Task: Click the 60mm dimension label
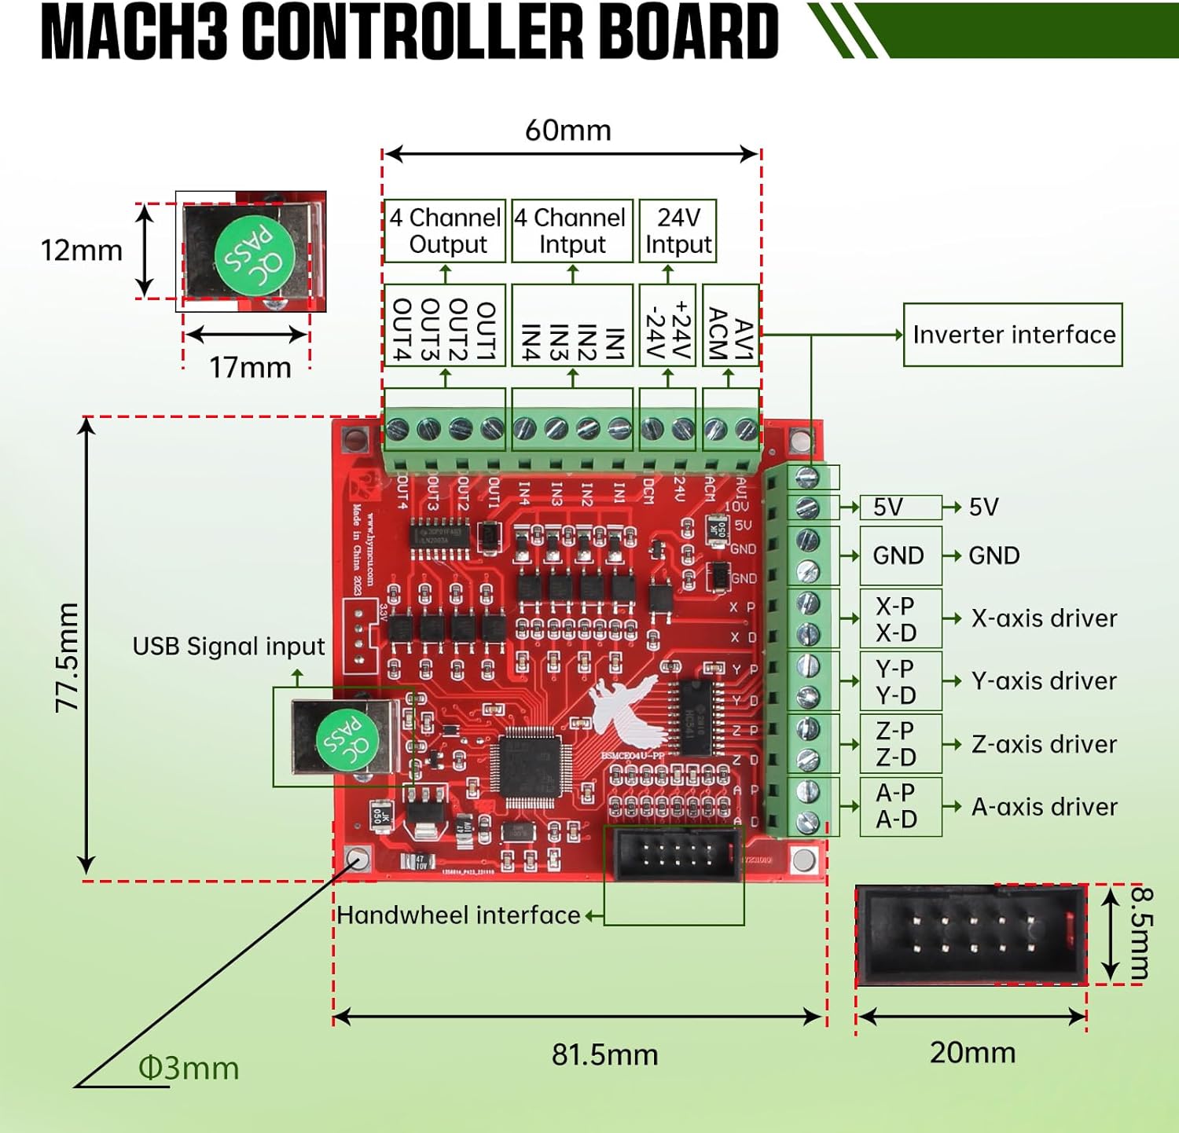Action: pos(567,130)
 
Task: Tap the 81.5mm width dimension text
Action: pos(604,1054)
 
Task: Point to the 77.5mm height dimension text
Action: pos(68,658)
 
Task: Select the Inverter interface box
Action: pos(1012,335)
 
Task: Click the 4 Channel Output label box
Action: pos(445,231)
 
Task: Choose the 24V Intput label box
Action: pos(678,231)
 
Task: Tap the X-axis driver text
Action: pos(1044,618)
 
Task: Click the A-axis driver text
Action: pos(1044,807)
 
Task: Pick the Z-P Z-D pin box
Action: pos(900,743)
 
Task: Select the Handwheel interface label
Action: pos(458,915)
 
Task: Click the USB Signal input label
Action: pos(228,646)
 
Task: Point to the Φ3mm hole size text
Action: pos(189,1069)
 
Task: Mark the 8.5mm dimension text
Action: pos(1141,933)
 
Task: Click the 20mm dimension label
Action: pos(972,1053)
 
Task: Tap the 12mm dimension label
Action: pos(81,251)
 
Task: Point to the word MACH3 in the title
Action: pos(134,33)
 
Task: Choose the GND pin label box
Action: pos(900,555)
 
